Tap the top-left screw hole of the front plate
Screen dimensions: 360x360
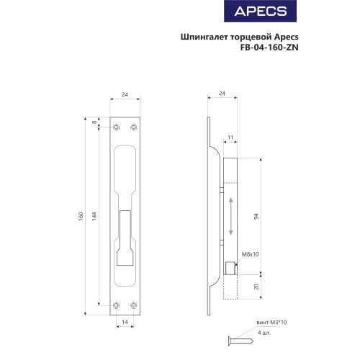(117, 127)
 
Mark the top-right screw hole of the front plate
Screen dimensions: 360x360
(133, 127)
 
